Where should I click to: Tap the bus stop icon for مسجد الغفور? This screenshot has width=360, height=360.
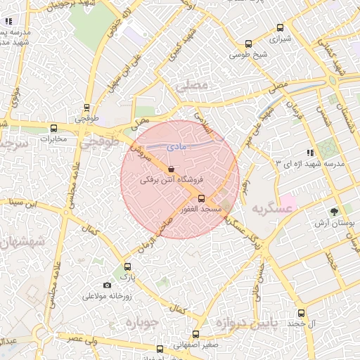point(202,198)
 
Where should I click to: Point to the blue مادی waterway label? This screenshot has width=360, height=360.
point(176,146)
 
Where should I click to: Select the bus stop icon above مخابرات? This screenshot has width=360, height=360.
point(54,128)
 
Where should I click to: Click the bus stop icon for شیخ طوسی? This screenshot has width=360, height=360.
point(247,44)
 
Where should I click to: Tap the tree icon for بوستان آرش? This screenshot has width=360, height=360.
point(335,211)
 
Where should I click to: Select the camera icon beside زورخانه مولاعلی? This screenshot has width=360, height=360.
point(107,285)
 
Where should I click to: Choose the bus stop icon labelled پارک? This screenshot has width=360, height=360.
point(127,266)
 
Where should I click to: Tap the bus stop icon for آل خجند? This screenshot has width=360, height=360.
point(301,313)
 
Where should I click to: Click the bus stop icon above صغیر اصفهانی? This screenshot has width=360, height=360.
point(195,335)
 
